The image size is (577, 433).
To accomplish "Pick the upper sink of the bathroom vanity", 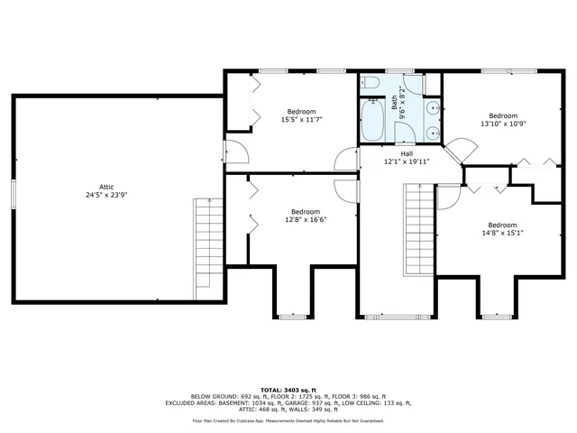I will (431, 107).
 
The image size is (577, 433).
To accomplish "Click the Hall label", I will (394, 153).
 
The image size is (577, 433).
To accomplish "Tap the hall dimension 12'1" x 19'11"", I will (394, 162).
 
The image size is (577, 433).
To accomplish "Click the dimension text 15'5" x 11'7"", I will (301, 119).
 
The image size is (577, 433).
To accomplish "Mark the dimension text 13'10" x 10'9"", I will (503, 124).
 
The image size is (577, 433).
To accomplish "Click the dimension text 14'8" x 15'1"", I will (502, 234).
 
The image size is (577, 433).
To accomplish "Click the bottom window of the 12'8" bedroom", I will (290, 316).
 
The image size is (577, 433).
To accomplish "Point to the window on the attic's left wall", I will (12, 193).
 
